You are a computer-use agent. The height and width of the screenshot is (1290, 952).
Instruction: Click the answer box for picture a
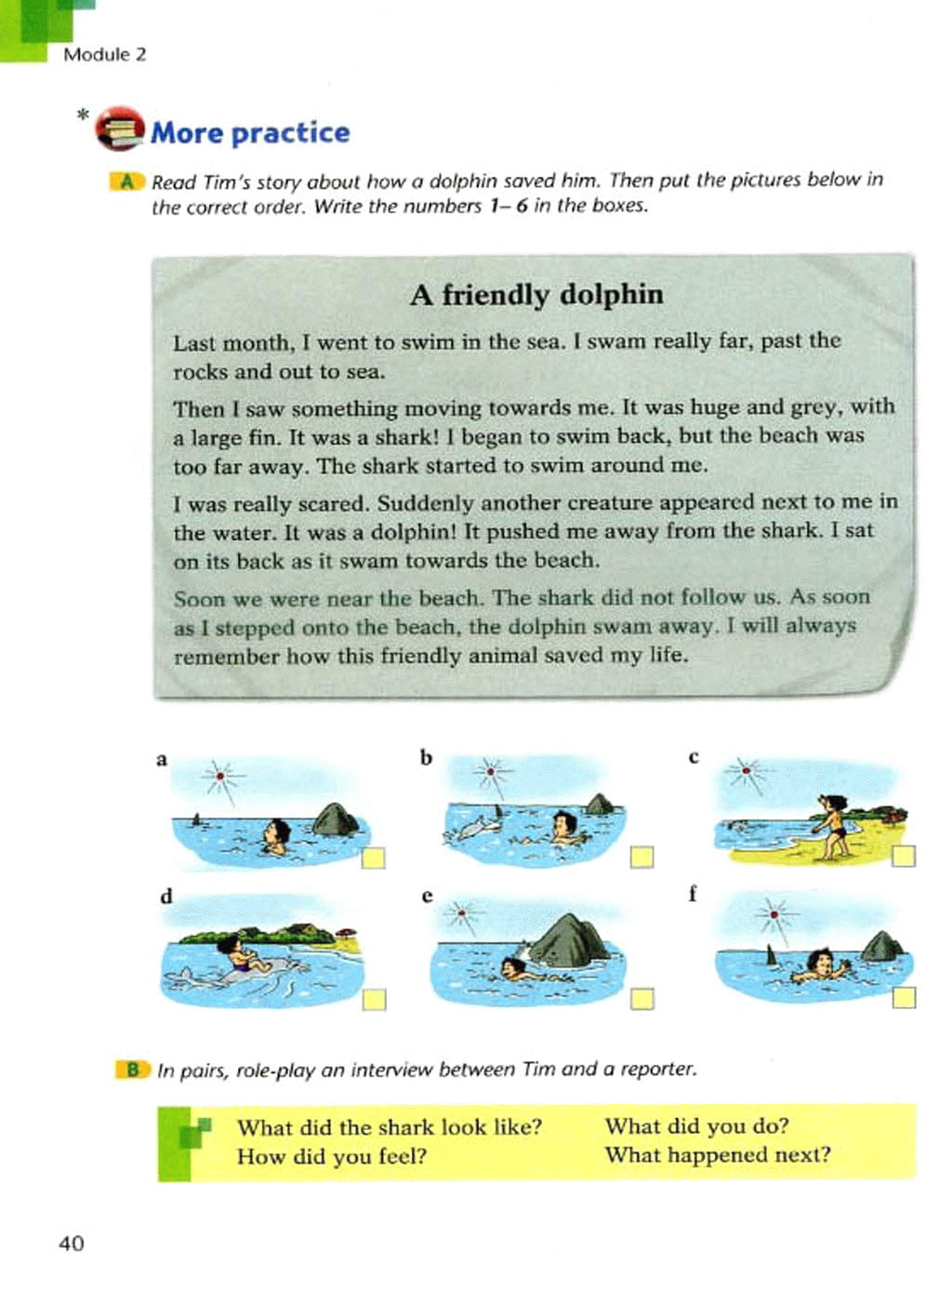pyautogui.click(x=373, y=858)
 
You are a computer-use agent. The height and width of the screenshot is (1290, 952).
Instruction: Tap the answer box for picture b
pyautogui.click(x=641, y=857)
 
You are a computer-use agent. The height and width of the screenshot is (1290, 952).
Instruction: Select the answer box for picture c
pyautogui.click(x=904, y=856)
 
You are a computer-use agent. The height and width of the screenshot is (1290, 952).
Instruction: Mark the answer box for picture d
pyautogui.click(x=374, y=999)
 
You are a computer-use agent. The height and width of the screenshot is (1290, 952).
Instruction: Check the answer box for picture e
pyautogui.click(x=641, y=999)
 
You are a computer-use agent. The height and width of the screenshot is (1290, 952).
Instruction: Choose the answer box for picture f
pyautogui.click(x=904, y=998)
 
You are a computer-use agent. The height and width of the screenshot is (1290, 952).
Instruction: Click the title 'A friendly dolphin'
pyautogui.click(x=536, y=295)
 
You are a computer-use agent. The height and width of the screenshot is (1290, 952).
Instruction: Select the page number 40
pyautogui.click(x=72, y=1243)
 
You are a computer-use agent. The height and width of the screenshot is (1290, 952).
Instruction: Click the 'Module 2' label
pyautogui.click(x=104, y=54)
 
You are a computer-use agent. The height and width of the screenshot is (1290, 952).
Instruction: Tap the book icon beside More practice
pyautogui.click(x=120, y=129)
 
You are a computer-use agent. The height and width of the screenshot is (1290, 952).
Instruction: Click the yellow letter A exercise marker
pyautogui.click(x=126, y=181)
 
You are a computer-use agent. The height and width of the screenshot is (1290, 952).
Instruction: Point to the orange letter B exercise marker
pyautogui.click(x=133, y=1070)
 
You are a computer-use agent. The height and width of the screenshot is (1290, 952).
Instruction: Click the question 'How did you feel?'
pyautogui.click(x=331, y=1156)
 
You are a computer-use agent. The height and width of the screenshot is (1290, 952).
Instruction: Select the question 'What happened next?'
pyautogui.click(x=717, y=1154)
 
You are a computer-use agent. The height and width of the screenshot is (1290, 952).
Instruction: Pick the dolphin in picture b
pyautogui.click(x=472, y=826)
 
